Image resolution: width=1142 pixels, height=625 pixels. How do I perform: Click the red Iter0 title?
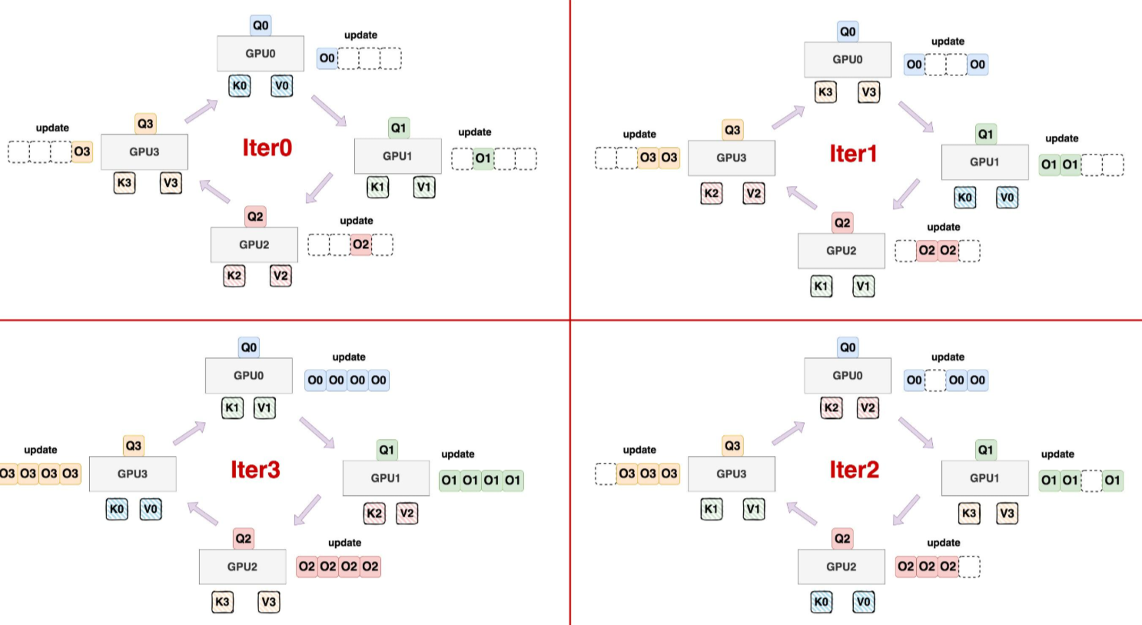[267, 148]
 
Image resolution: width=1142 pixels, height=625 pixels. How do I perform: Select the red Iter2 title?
[854, 470]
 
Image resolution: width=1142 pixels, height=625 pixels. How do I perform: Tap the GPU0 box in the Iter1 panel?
[847, 59]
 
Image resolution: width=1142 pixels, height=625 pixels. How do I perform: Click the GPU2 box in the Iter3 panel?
[242, 567]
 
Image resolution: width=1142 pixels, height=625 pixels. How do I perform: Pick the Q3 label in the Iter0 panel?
[145, 123]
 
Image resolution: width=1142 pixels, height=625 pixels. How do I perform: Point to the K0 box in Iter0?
[240, 85]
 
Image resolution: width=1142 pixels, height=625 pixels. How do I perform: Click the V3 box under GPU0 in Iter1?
[868, 91]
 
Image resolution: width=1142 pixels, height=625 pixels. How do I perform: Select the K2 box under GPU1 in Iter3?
[374, 513]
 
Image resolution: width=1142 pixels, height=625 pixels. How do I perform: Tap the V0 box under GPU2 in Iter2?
[863, 602]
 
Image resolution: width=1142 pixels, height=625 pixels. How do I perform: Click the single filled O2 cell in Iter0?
[360, 244]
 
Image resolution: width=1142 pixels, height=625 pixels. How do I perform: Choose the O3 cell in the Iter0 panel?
[81, 151]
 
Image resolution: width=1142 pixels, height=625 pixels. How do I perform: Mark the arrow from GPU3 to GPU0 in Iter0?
[201, 111]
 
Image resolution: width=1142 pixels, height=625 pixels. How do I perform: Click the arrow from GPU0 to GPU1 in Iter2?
[915, 433]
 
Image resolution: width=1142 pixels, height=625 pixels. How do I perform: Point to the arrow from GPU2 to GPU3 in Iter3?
[203, 513]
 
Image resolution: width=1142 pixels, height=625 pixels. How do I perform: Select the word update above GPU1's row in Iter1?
[1061, 138]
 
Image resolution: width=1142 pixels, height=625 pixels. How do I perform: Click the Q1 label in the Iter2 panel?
[985, 450]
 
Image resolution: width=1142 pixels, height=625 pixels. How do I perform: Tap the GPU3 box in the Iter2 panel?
[731, 474]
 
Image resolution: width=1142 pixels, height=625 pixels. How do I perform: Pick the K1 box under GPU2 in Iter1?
[821, 286]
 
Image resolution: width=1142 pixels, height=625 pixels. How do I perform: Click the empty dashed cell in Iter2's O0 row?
[935, 380]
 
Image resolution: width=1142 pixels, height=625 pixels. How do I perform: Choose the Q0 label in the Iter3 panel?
[249, 347]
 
